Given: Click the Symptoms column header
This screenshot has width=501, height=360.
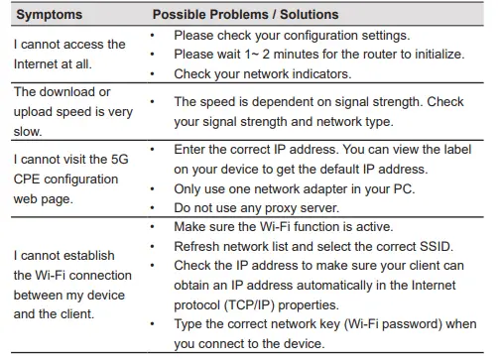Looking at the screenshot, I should tap(49, 15).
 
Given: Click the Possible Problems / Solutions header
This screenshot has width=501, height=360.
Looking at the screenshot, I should tap(245, 15).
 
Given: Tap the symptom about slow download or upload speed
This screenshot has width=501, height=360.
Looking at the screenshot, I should tap(72, 111).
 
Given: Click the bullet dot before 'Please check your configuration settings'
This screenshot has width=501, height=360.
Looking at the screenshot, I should tap(151, 35).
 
